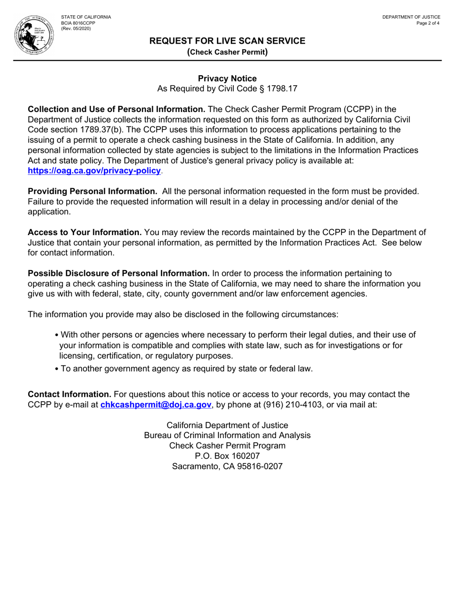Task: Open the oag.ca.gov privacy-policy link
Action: (x=95, y=170)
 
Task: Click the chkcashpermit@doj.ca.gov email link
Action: (x=156, y=405)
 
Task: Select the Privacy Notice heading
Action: (x=227, y=79)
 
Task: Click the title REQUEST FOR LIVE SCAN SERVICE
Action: (x=227, y=41)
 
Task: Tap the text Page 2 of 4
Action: (x=428, y=23)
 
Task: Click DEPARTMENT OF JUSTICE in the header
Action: (x=411, y=17)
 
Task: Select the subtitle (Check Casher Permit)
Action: (x=227, y=52)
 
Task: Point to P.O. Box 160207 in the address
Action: (x=227, y=455)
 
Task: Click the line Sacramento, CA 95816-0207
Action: (x=227, y=466)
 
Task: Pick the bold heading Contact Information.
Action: (x=69, y=395)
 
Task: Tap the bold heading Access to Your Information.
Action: (x=85, y=232)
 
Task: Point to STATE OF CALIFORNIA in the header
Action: (x=86, y=17)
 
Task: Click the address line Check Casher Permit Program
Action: (x=227, y=445)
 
